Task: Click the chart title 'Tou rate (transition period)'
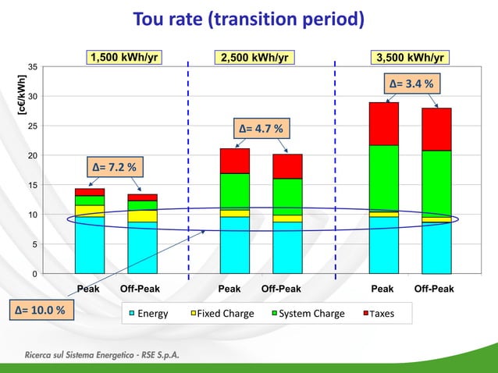point(248,19)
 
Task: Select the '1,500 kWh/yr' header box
point(125,57)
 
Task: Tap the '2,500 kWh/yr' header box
point(254,57)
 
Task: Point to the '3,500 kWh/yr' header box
point(410,57)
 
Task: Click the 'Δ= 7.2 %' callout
point(114,167)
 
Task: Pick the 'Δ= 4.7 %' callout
point(261,128)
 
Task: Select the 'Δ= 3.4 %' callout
point(411,83)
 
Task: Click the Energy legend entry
point(148,314)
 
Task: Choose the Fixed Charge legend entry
point(221,314)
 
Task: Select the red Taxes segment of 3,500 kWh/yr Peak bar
point(383,123)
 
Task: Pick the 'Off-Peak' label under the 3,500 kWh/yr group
point(433,289)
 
